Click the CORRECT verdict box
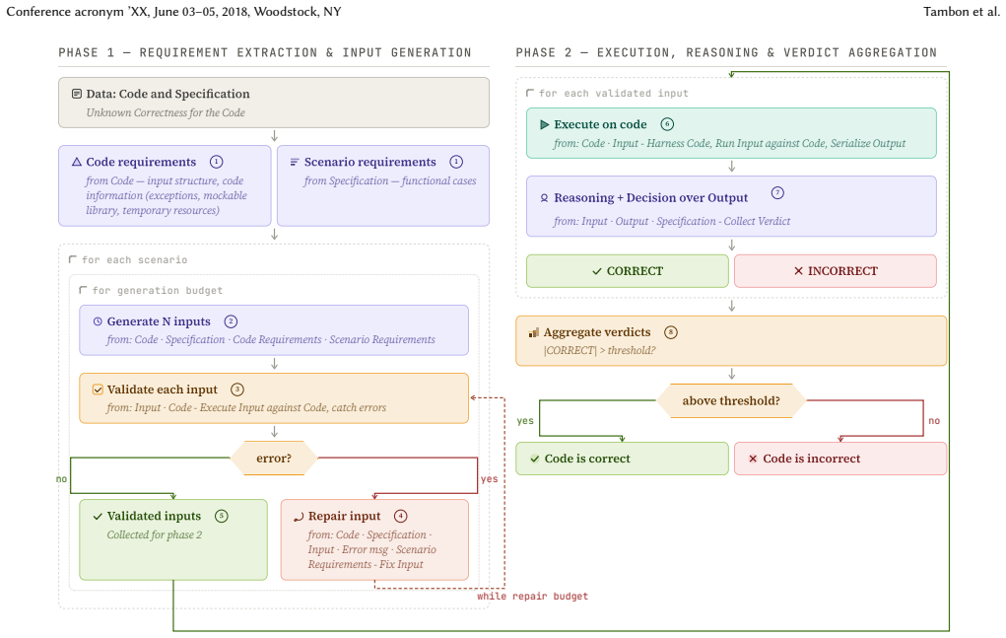(627, 271)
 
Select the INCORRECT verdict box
(836, 271)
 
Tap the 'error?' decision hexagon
(274, 459)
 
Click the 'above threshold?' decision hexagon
(731, 400)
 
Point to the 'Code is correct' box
(622, 459)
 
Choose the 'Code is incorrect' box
(840, 459)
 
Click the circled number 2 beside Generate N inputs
(231, 321)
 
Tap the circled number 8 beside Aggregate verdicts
(671, 332)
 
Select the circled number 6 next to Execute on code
(667, 124)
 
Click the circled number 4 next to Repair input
(401, 516)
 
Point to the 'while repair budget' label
(532, 597)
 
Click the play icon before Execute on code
(545, 124)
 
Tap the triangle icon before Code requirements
(77, 162)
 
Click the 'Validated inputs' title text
(154, 516)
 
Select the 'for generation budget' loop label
(158, 290)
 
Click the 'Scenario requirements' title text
(370, 162)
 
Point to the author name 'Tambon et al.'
(962, 12)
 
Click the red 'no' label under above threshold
(934, 421)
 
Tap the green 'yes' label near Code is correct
(525, 421)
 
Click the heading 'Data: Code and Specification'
(168, 94)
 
